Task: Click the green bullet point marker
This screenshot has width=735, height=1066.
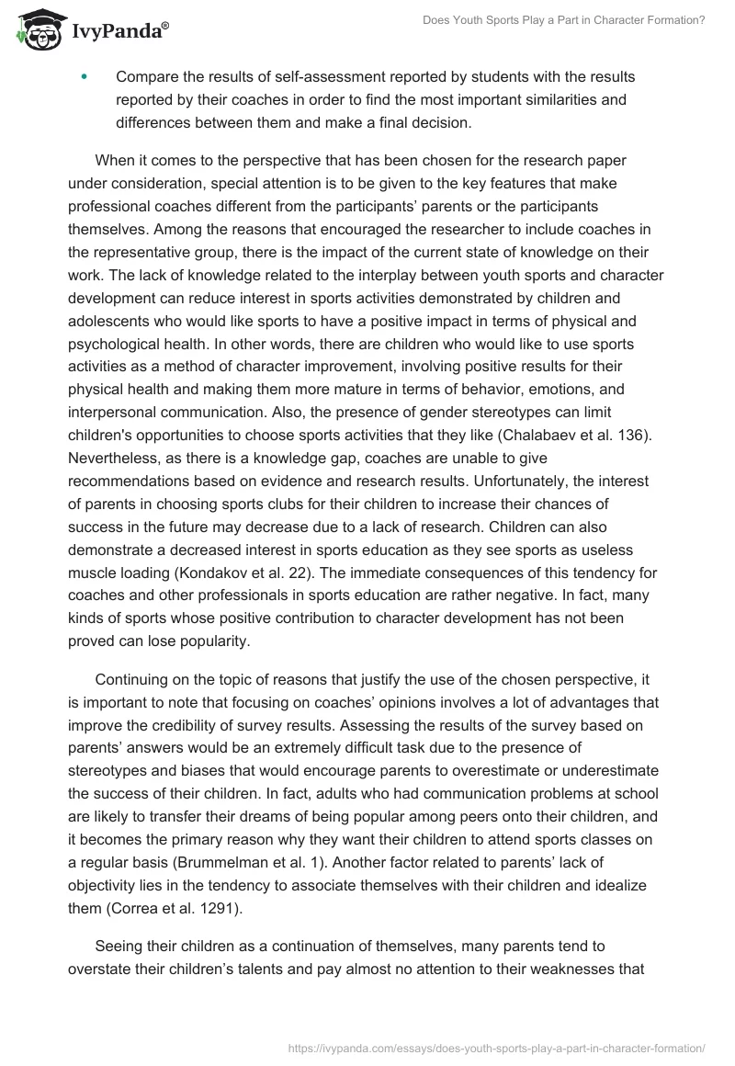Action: pos(85,77)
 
